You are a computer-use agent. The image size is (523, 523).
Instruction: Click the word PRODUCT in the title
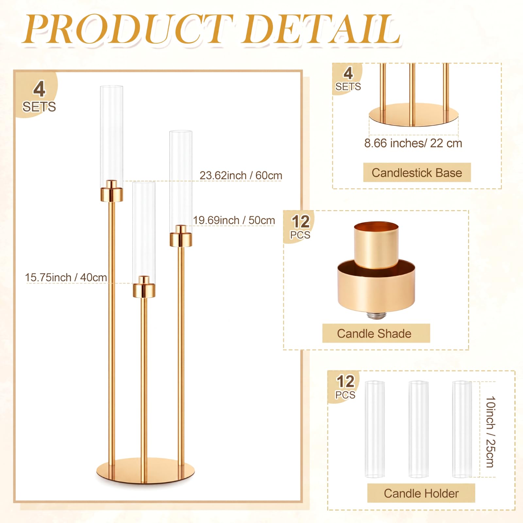click(x=127, y=29)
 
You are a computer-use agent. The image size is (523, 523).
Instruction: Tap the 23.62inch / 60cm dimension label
click(x=241, y=176)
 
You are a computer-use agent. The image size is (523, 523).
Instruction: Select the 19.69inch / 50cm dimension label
click(x=234, y=220)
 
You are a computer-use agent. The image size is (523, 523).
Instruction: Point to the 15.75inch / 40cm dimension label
click(x=66, y=278)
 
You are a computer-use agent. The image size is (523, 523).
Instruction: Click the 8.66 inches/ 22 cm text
click(x=413, y=143)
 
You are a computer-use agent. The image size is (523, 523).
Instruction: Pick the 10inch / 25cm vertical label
click(x=491, y=432)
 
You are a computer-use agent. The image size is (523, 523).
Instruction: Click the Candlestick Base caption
click(x=417, y=173)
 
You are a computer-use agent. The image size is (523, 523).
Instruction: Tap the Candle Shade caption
click(x=374, y=333)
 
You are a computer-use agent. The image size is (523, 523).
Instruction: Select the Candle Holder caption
click(x=421, y=493)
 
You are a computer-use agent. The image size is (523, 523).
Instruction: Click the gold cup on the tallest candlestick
click(x=111, y=191)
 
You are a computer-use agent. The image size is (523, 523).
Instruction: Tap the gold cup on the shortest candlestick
click(x=144, y=287)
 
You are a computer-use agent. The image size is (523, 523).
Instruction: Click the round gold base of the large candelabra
click(x=145, y=470)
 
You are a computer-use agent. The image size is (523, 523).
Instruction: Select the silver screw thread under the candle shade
click(x=377, y=315)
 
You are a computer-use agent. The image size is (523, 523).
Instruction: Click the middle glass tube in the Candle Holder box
click(x=418, y=429)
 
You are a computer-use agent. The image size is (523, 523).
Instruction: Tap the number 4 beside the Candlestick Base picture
click(x=348, y=73)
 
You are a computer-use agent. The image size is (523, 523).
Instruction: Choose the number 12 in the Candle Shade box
click(x=301, y=222)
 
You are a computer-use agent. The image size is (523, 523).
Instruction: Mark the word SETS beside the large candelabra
click(x=39, y=107)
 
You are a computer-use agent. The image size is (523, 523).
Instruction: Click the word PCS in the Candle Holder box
click(x=345, y=395)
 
